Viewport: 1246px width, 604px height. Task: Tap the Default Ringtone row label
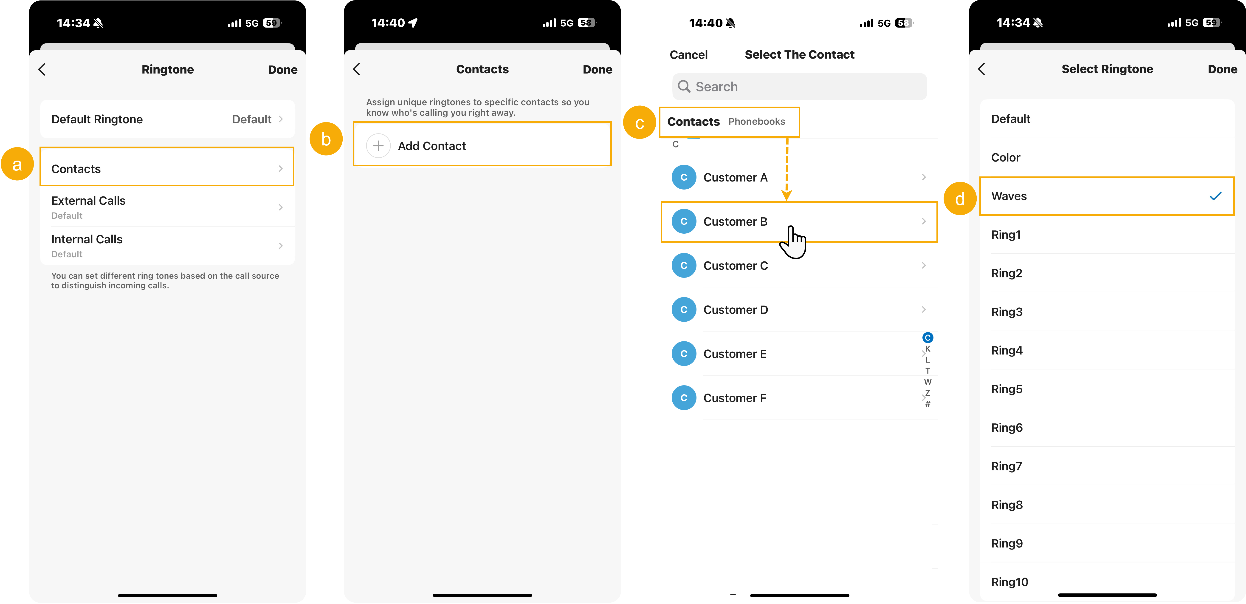click(97, 119)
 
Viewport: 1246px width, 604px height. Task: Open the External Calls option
click(88, 201)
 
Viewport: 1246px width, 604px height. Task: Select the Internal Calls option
click(87, 240)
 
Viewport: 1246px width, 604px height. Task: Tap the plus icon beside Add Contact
click(378, 146)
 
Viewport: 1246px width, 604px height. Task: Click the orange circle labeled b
click(326, 139)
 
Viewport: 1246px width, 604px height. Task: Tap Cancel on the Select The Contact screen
click(688, 55)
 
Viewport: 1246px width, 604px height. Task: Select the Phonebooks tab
click(756, 122)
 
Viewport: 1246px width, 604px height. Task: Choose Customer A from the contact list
click(735, 178)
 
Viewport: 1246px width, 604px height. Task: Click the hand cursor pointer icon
click(793, 242)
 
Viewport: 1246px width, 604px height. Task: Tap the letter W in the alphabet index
click(927, 382)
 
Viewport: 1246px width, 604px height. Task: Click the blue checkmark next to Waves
click(1215, 196)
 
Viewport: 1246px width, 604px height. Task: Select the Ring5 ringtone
click(1006, 389)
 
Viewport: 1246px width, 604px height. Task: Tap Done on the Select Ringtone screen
click(1222, 69)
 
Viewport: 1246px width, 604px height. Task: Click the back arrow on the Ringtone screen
click(42, 69)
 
